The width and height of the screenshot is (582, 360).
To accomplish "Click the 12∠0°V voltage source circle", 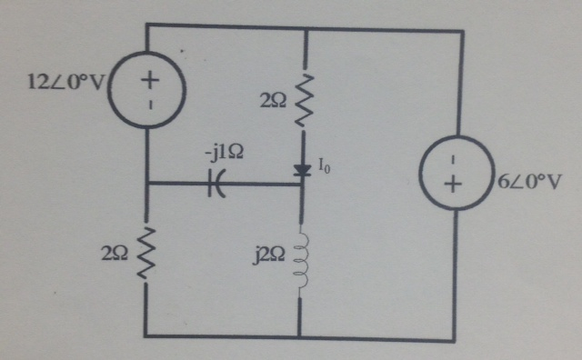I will point(148,91).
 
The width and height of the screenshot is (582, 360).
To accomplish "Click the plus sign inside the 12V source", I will point(149,79).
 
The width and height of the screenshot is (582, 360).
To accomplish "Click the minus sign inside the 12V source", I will point(149,105).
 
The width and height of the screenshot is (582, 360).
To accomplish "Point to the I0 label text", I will point(325,165).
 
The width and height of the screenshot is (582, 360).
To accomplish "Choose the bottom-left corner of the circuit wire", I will point(145,336).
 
